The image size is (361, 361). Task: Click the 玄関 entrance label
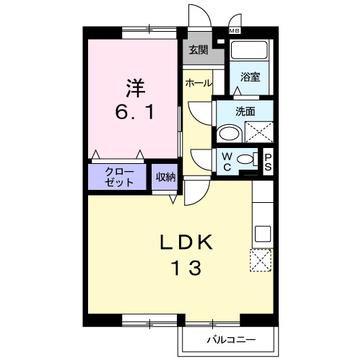tap(199, 51)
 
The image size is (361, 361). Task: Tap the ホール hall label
tap(199, 83)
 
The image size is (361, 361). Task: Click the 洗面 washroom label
tap(245, 111)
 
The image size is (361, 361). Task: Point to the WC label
tap(227, 160)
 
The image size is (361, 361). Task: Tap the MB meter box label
tap(235, 31)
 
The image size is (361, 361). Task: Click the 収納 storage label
tap(165, 177)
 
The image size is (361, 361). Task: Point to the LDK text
tap(186, 243)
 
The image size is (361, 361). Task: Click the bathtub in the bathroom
tap(250, 52)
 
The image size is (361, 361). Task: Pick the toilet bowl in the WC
tap(246, 160)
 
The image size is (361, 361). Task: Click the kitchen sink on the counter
tap(263, 234)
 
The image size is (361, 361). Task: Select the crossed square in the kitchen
tap(261, 258)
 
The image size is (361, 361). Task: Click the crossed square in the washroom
tap(258, 131)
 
